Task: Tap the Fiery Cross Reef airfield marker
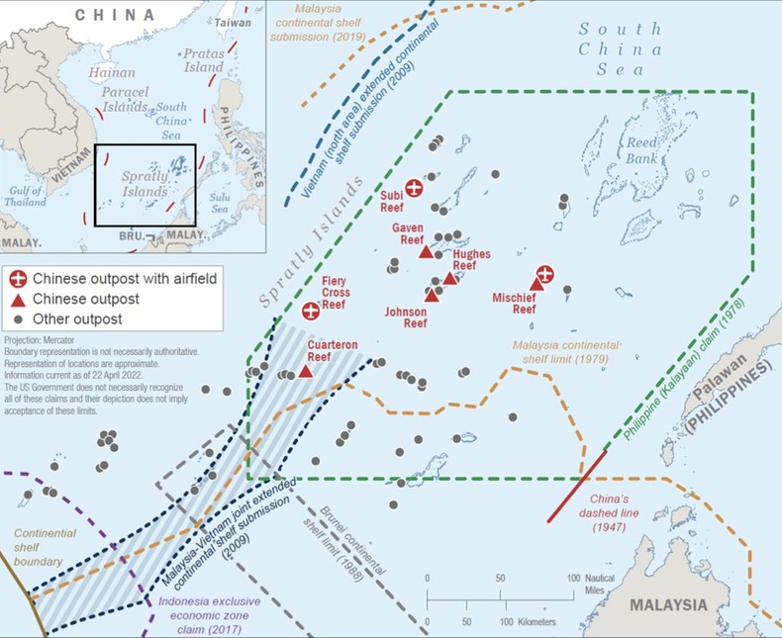point(311,312)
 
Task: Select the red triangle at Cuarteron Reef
point(306,371)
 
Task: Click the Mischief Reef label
point(514,302)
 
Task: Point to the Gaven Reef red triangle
point(426,252)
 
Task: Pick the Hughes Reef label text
point(471,259)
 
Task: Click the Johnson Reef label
point(406,317)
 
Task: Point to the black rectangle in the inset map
point(145,185)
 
